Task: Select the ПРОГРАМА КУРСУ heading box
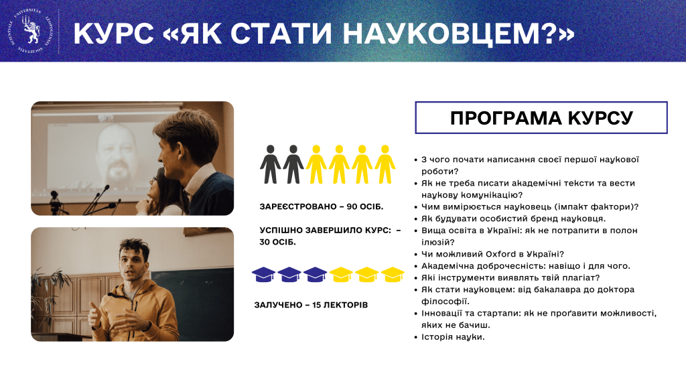pyautogui.click(x=541, y=118)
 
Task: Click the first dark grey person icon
pyautogui.click(x=271, y=164)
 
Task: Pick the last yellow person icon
pyautogui.click(x=385, y=164)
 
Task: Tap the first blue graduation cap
pyautogui.click(x=263, y=274)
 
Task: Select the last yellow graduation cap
pyautogui.click(x=393, y=274)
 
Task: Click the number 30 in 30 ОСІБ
pyautogui.click(x=267, y=242)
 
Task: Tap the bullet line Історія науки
pyautogui.click(x=453, y=336)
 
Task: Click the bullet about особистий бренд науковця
pyautogui.click(x=514, y=218)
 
